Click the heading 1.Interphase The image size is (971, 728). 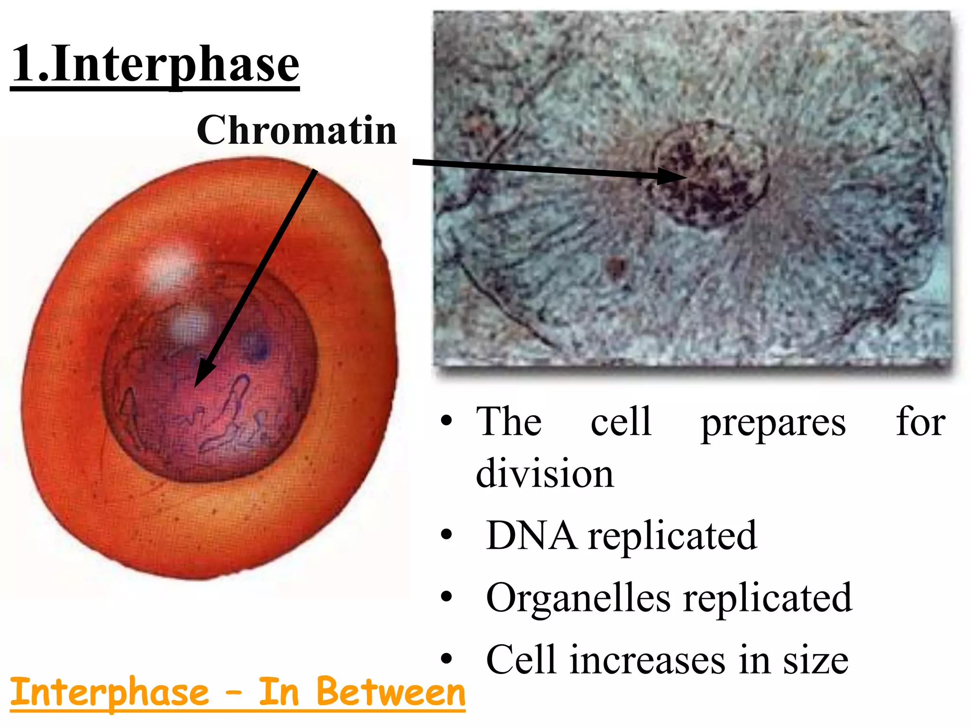tap(156, 64)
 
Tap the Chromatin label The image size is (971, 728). tap(297, 130)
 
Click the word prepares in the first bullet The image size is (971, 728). tap(773, 423)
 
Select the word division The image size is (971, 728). tap(545, 473)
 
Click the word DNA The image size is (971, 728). tap(531, 536)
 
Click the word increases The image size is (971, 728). tap(647, 660)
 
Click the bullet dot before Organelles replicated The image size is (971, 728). tap(446, 597)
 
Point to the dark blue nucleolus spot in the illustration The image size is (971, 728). tap(256, 346)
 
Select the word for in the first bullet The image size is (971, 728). tap(920, 421)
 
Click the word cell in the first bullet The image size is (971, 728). tap(621, 421)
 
